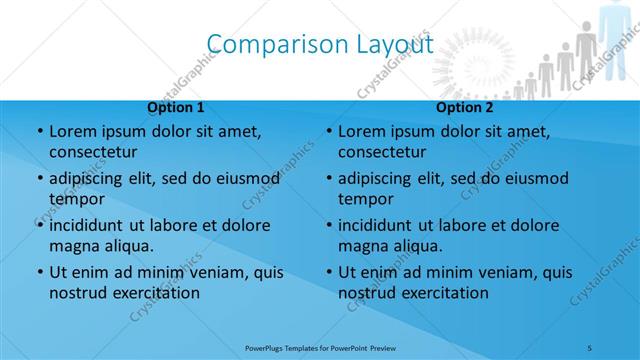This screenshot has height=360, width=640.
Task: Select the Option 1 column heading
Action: [176, 108]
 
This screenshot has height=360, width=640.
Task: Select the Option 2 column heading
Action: [465, 108]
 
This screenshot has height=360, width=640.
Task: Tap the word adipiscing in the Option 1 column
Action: [90, 178]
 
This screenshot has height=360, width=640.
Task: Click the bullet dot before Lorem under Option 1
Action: [39, 132]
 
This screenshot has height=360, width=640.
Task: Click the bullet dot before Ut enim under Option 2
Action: [328, 272]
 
